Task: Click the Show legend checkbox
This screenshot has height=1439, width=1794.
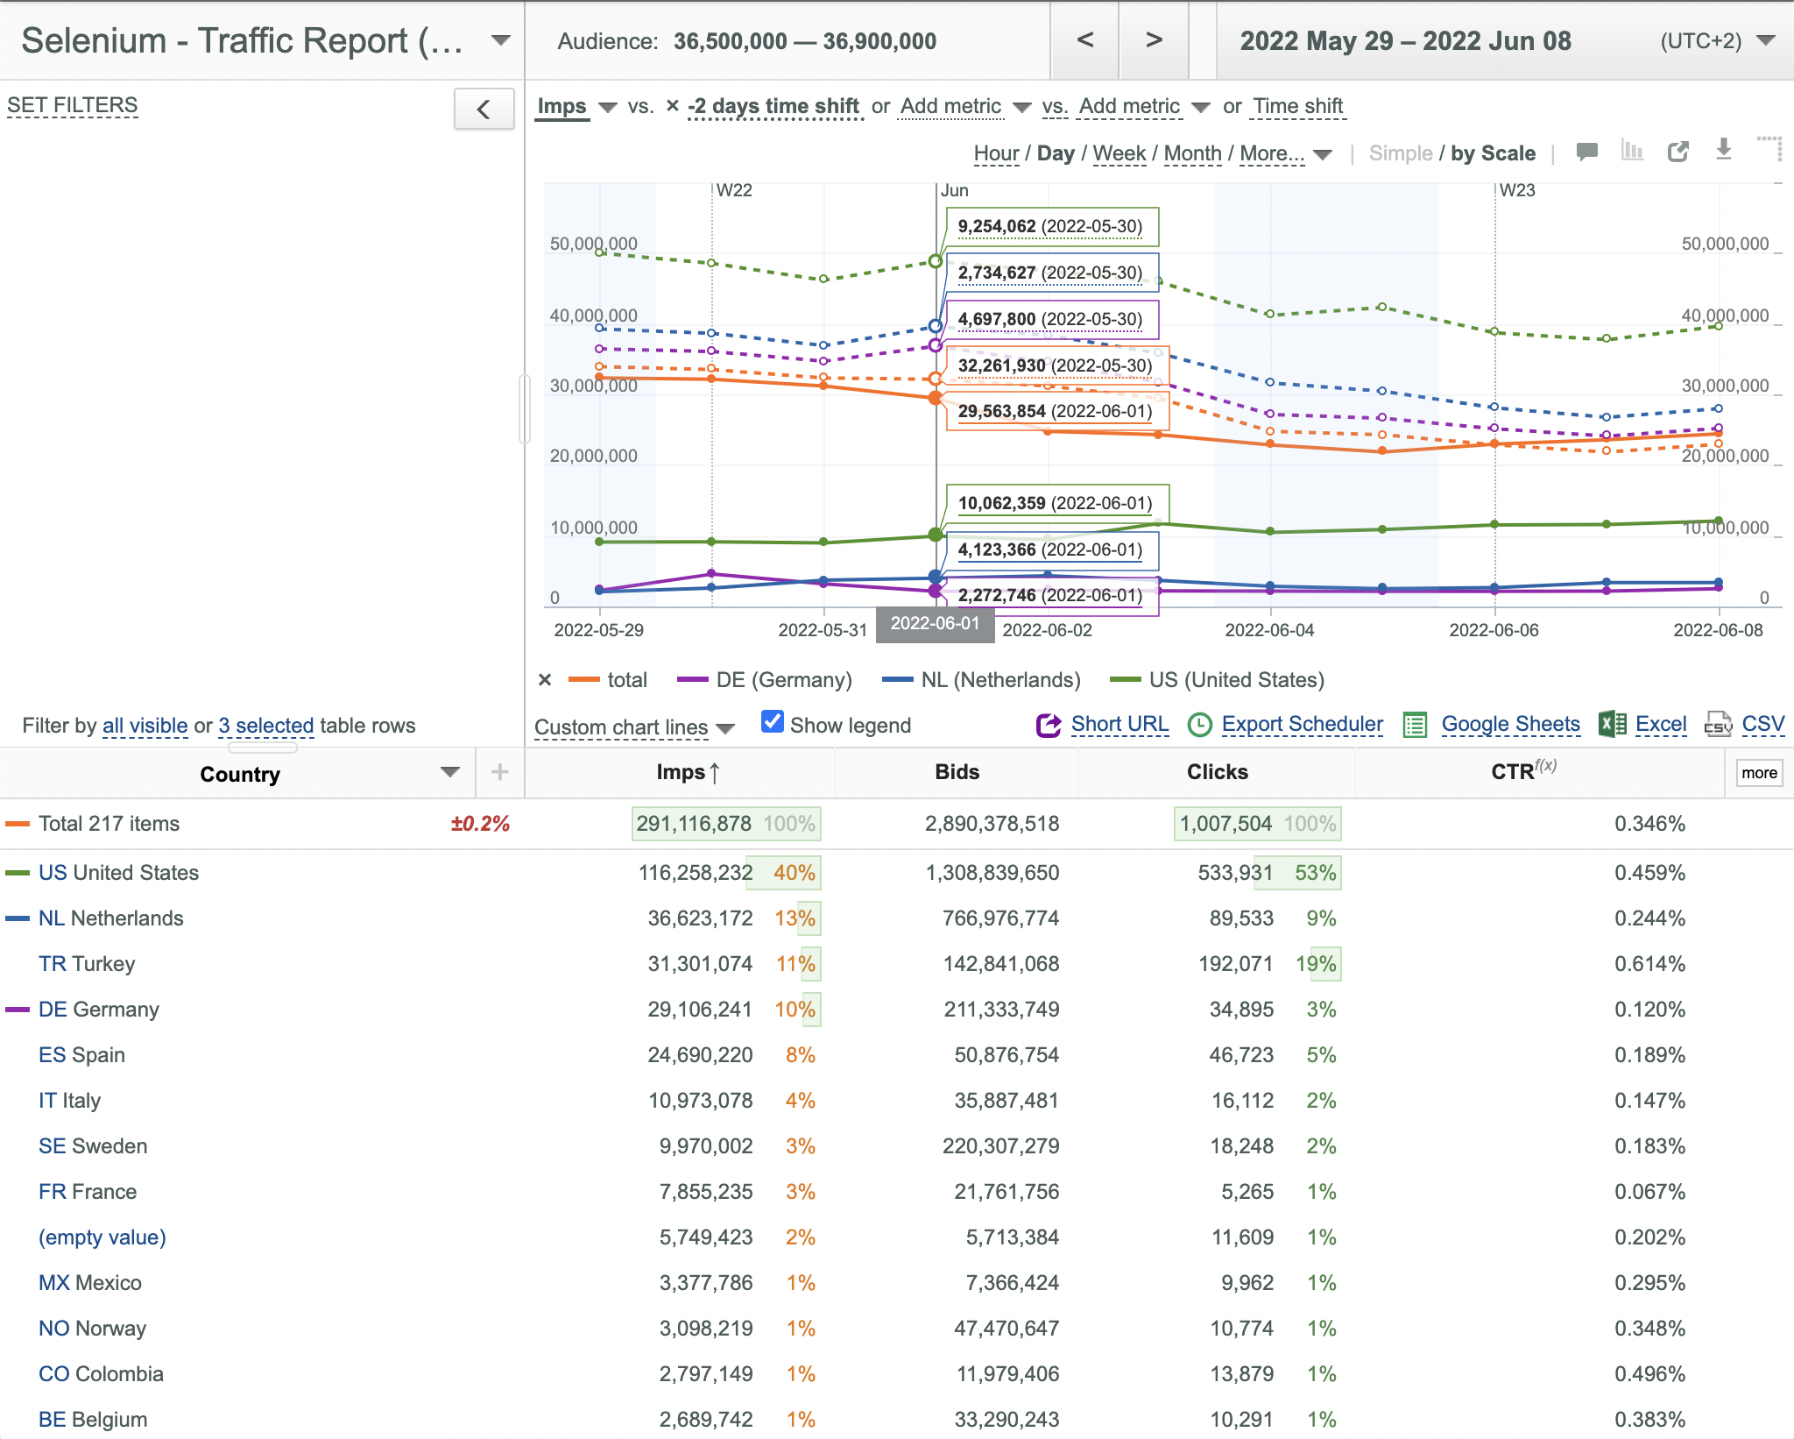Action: coord(772,722)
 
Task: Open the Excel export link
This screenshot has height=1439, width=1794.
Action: coord(1661,725)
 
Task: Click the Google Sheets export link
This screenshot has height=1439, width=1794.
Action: coord(1510,725)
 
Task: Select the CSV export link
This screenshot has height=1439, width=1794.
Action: coord(1762,725)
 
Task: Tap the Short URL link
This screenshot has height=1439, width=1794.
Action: coord(1119,725)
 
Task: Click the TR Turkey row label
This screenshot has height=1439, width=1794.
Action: coord(87,964)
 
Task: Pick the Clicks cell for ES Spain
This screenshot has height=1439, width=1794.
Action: coord(1241,1055)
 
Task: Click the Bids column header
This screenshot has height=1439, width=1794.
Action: coord(957,772)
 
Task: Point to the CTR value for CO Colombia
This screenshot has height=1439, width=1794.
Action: coord(1649,1374)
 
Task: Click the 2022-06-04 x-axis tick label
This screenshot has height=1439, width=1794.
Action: coord(1269,630)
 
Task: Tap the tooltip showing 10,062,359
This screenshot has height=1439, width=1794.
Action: coord(1056,504)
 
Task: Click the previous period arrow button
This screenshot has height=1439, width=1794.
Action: coord(1084,40)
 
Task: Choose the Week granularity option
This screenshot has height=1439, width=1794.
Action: coord(1119,153)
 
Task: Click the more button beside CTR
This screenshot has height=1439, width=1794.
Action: coord(1759,773)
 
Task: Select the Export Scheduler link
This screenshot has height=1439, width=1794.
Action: coord(1302,725)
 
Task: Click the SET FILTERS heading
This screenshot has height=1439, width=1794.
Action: coord(73,105)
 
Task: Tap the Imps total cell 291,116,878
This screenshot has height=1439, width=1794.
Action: coord(694,824)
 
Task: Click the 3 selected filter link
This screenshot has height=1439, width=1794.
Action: coord(266,726)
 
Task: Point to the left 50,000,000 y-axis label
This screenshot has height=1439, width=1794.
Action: coord(593,244)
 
